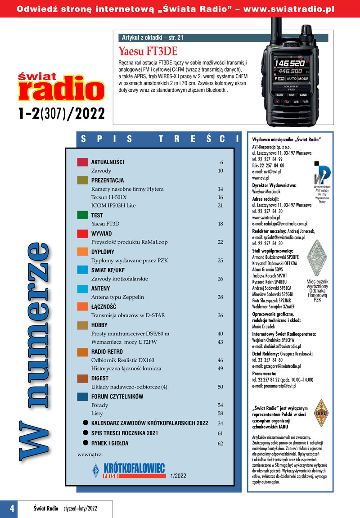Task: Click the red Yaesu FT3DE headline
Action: coord(148,51)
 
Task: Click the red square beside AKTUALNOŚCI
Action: coord(82,162)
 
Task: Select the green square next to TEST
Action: coord(82,215)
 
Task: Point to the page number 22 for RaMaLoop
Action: coord(220,242)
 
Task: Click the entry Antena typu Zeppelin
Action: coord(117,297)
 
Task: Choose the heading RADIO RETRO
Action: coord(107,352)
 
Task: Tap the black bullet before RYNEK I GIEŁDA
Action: coord(85,443)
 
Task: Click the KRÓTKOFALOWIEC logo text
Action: coord(134,468)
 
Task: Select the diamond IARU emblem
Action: coord(321,413)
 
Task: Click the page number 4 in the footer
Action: coord(12,508)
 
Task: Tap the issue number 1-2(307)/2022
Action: coord(62,113)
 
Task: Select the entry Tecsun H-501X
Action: coord(109,197)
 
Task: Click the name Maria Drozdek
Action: coord(264,327)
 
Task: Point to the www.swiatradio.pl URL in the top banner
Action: coord(289,9)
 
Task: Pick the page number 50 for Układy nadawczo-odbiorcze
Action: coord(220,387)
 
